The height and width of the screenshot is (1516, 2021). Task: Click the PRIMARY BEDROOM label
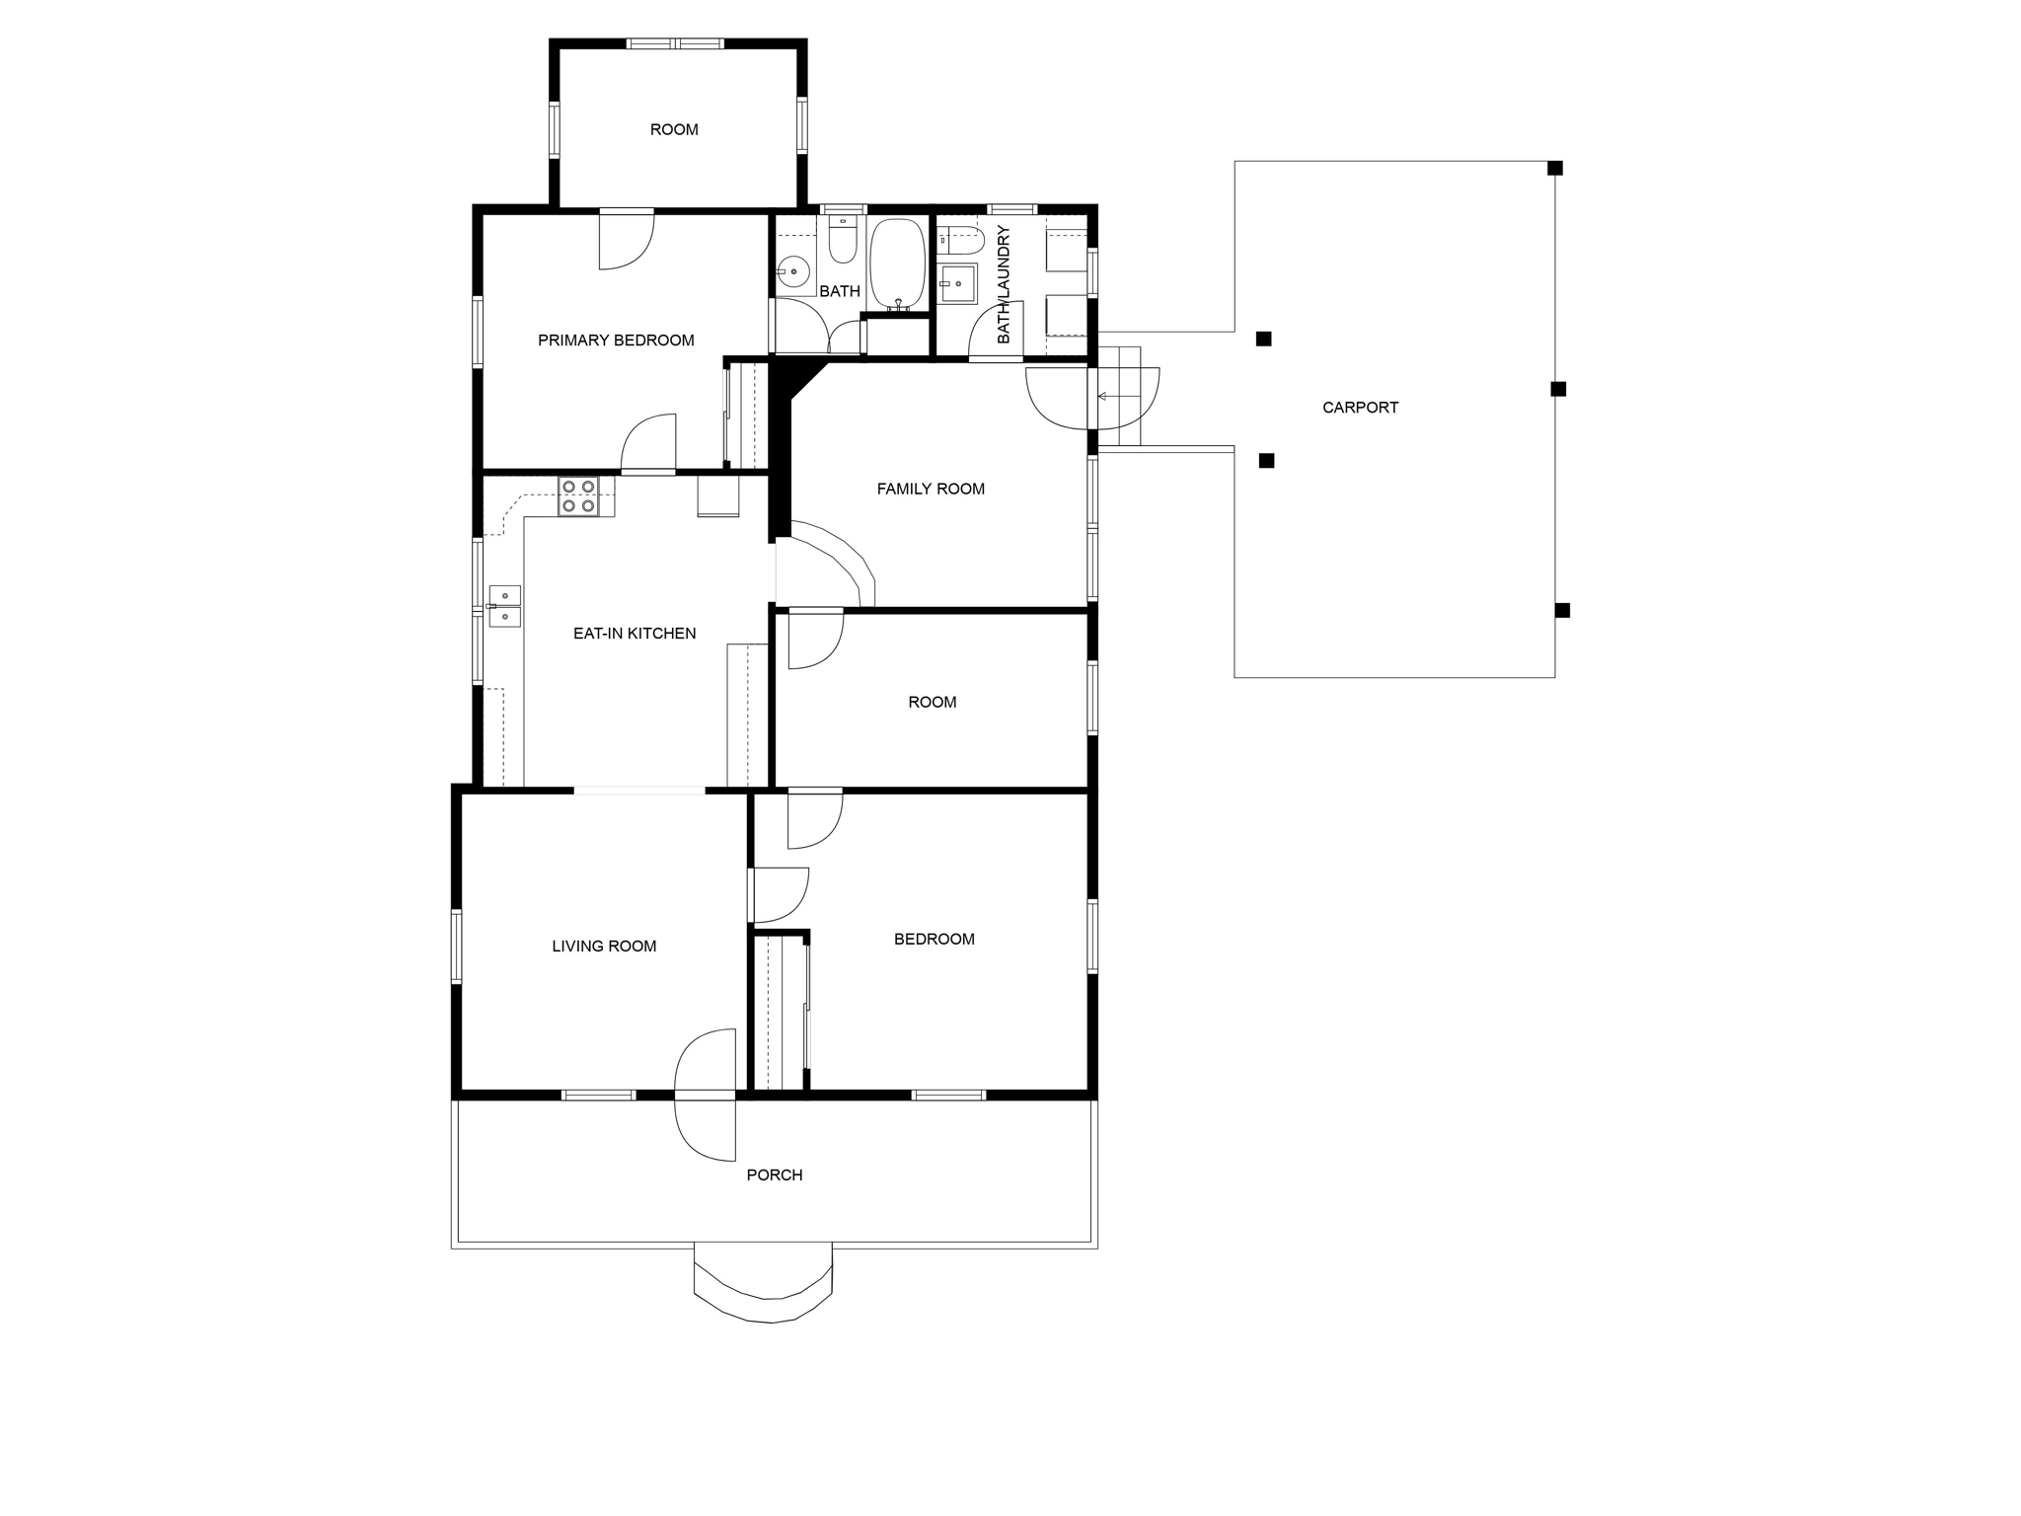point(616,341)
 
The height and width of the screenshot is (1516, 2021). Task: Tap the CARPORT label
point(1360,408)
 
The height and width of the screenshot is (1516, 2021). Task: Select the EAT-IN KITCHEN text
point(635,634)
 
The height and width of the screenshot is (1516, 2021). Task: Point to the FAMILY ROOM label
point(931,489)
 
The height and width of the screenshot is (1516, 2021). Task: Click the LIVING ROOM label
point(604,947)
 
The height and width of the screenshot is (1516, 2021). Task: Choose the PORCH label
point(775,1175)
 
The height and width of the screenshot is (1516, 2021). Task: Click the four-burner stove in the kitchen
point(578,496)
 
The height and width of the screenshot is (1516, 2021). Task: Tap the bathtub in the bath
point(897,264)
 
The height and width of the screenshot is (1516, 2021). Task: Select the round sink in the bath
point(792,270)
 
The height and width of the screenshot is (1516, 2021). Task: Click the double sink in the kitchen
point(504,606)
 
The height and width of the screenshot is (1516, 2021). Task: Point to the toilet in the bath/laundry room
point(961,240)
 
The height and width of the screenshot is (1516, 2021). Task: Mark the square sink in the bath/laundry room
point(956,283)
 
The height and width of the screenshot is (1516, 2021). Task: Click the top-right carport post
point(1554,168)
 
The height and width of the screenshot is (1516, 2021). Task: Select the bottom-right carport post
point(1562,610)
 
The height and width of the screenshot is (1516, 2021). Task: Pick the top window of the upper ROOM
point(675,43)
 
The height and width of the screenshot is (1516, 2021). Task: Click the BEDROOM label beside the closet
point(935,940)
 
